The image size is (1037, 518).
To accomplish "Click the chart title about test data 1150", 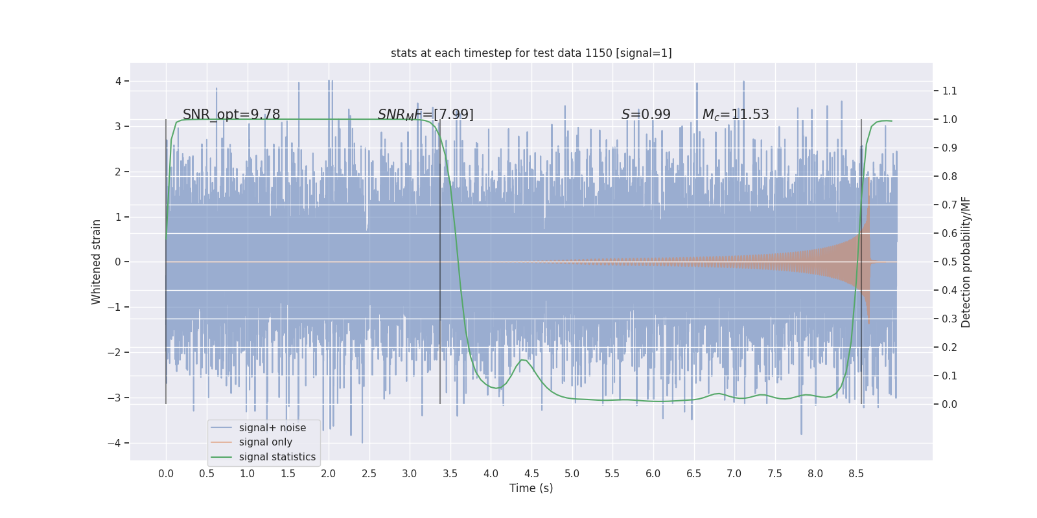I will point(531,53).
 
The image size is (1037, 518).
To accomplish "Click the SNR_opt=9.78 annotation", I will point(231,115).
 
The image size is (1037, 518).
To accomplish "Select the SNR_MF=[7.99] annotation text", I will point(425,115).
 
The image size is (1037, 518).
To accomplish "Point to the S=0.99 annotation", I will point(646,115).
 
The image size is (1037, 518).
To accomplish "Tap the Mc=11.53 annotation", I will point(736,115).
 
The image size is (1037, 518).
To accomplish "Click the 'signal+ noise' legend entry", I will point(272,428).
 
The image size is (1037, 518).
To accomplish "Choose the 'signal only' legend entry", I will point(265,442).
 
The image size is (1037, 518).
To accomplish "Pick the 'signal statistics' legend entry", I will point(277,457).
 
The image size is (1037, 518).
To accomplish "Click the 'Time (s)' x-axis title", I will point(531,488).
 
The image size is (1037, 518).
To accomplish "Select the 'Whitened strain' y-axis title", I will point(97,262).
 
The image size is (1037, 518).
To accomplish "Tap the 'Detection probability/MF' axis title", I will point(966,262).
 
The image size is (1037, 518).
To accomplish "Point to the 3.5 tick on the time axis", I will point(450,473).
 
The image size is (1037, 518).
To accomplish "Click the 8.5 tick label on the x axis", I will point(856,473).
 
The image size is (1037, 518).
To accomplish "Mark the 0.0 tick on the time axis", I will point(166,473).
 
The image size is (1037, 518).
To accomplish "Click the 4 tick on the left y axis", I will point(118,81).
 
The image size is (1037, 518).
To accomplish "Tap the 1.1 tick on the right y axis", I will point(950,91).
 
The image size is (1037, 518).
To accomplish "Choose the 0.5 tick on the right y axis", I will point(950,262).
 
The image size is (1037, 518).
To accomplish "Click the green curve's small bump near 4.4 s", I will point(522,360).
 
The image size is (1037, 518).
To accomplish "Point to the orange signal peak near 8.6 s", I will point(867,181).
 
